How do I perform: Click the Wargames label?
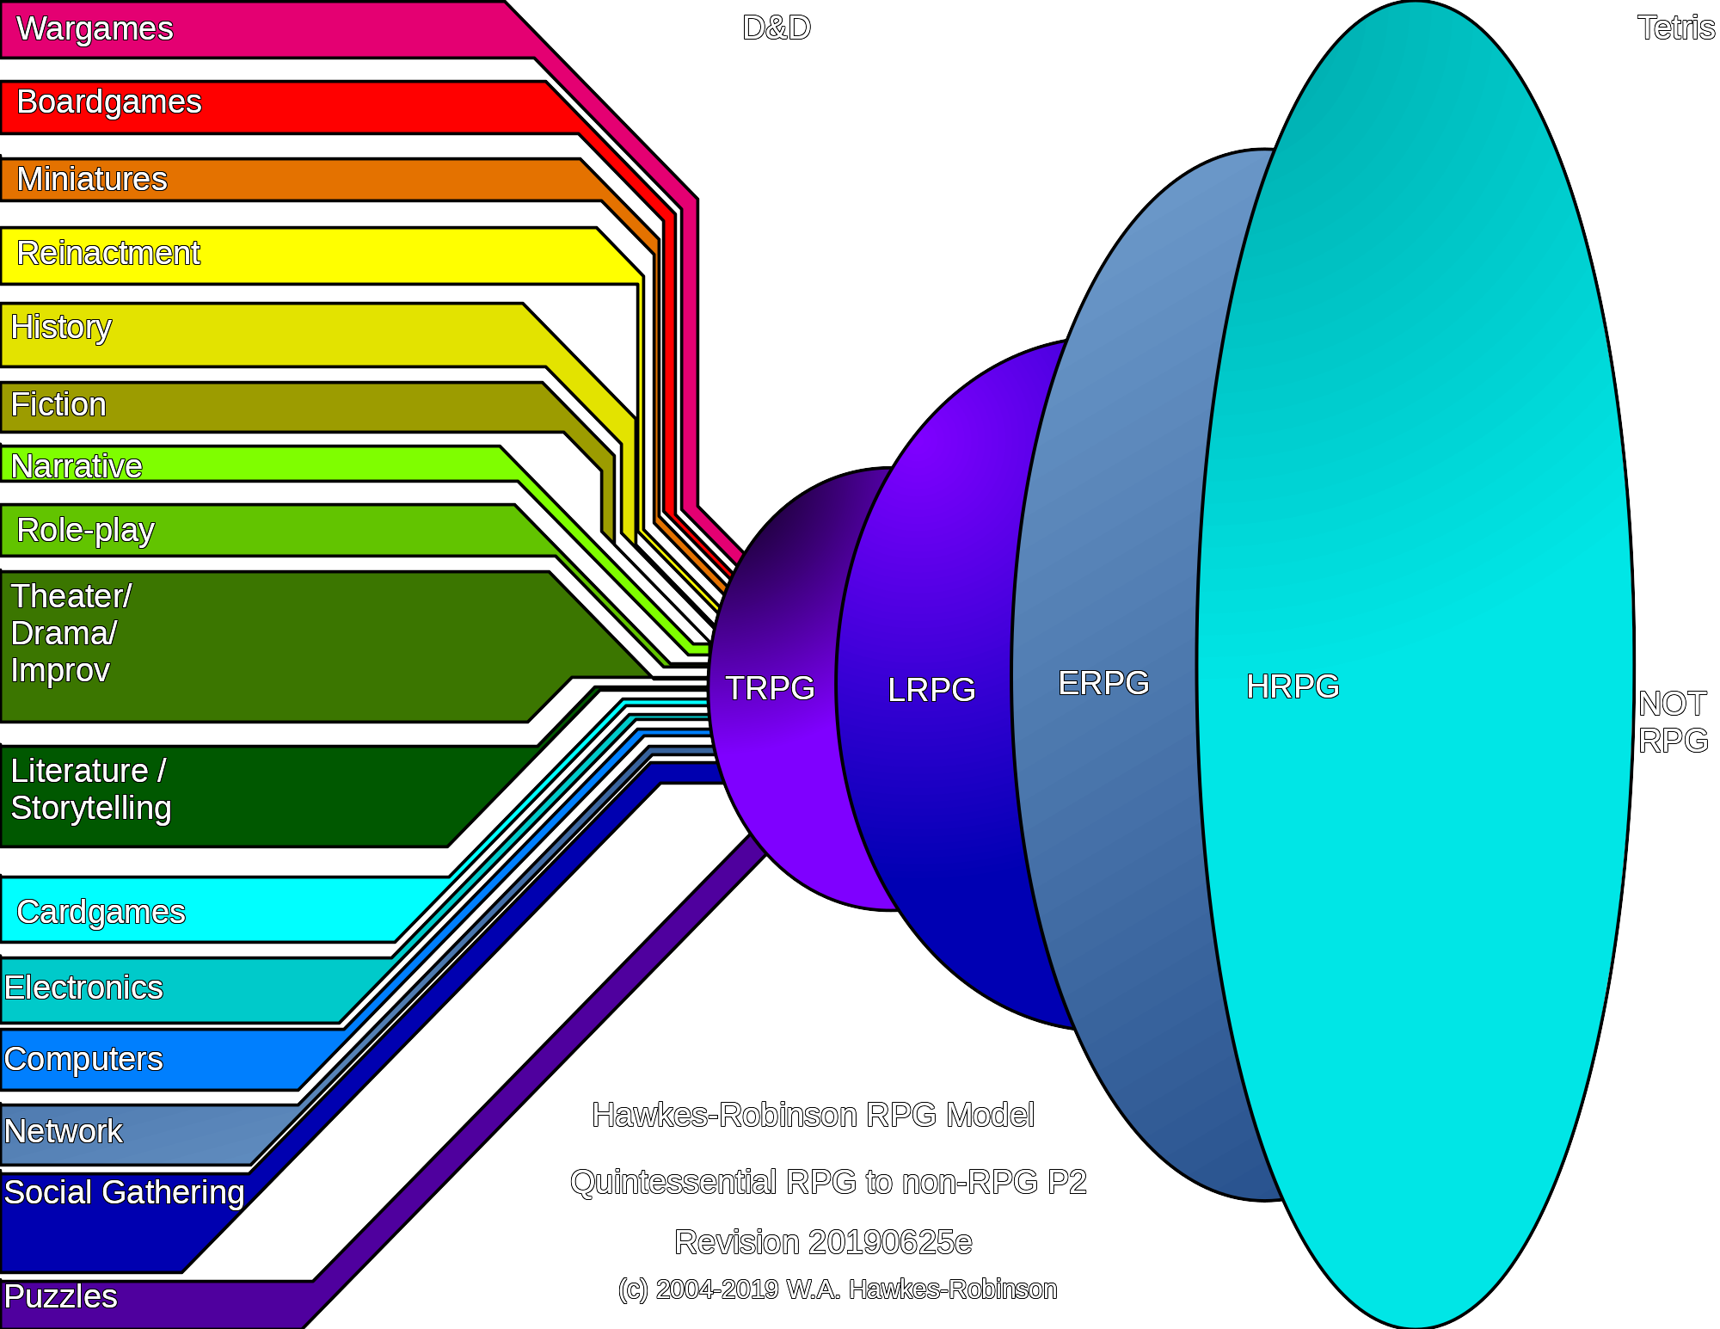[x=95, y=28]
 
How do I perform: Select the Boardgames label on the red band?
[x=109, y=102]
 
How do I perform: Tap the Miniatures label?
[x=92, y=179]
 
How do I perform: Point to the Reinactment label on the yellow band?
[x=108, y=253]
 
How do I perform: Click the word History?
[x=61, y=327]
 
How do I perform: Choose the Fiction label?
[x=58, y=404]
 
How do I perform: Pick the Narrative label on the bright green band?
[x=77, y=465]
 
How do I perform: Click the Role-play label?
[x=86, y=530]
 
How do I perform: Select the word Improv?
[x=60, y=670]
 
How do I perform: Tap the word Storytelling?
[x=91, y=808]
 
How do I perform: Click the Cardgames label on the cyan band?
[x=101, y=912]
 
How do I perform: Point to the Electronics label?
[x=83, y=988]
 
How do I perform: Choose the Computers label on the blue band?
[x=83, y=1059]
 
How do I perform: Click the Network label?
[x=64, y=1131]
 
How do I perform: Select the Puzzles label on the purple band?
[x=60, y=1296]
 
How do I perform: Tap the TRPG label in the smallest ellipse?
[x=770, y=688]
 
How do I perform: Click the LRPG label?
[x=931, y=690]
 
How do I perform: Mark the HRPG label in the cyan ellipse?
[x=1293, y=686]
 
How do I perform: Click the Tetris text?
[x=1675, y=28]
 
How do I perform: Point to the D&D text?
[x=777, y=28]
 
